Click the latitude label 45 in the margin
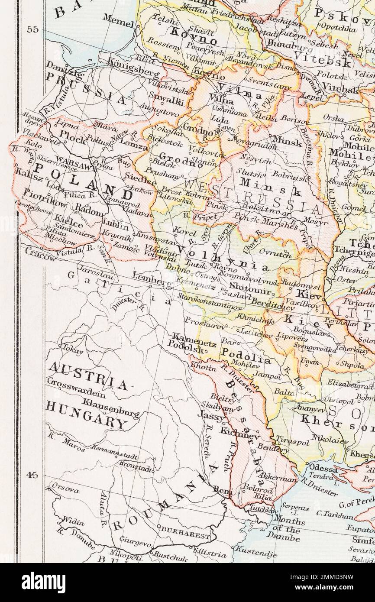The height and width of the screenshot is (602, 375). click(32, 475)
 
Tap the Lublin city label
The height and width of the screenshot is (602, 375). click(116, 225)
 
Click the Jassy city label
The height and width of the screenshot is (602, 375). click(211, 415)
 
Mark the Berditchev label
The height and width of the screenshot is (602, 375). click(273, 304)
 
